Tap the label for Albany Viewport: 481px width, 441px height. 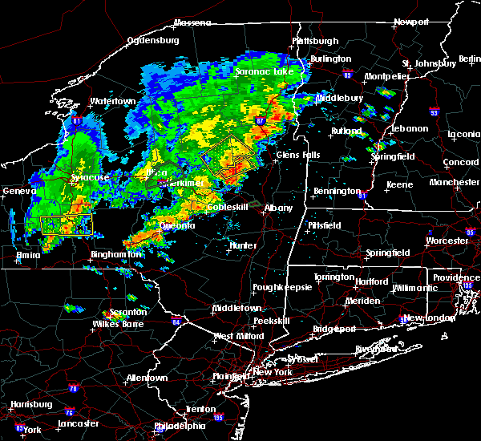[x=279, y=208]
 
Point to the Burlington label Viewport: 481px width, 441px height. [x=332, y=59]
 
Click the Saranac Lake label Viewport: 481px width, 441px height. [x=265, y=71]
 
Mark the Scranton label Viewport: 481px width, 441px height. [x=129, y=312]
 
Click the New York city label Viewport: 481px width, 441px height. [x=275, y=373]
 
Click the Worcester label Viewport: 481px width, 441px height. [x=447, y=241]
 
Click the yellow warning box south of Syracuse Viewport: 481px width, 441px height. [x=67, y=224]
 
